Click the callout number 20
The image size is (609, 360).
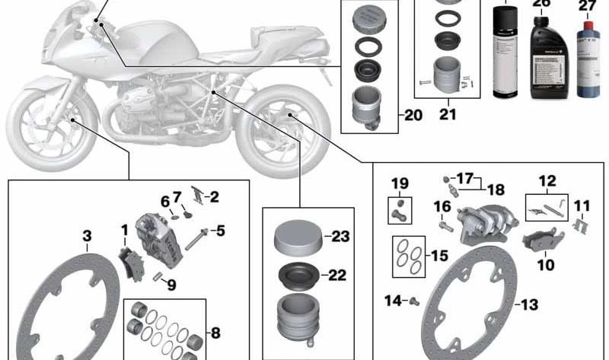tap(412, 116)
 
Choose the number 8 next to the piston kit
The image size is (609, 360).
tap(216, 333)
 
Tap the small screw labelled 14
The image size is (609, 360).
tap(416, 302)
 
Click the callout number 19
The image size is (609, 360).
tap(400, 183)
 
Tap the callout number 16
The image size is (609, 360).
tap(442, 206)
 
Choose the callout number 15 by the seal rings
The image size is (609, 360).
tap(439, 256)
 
